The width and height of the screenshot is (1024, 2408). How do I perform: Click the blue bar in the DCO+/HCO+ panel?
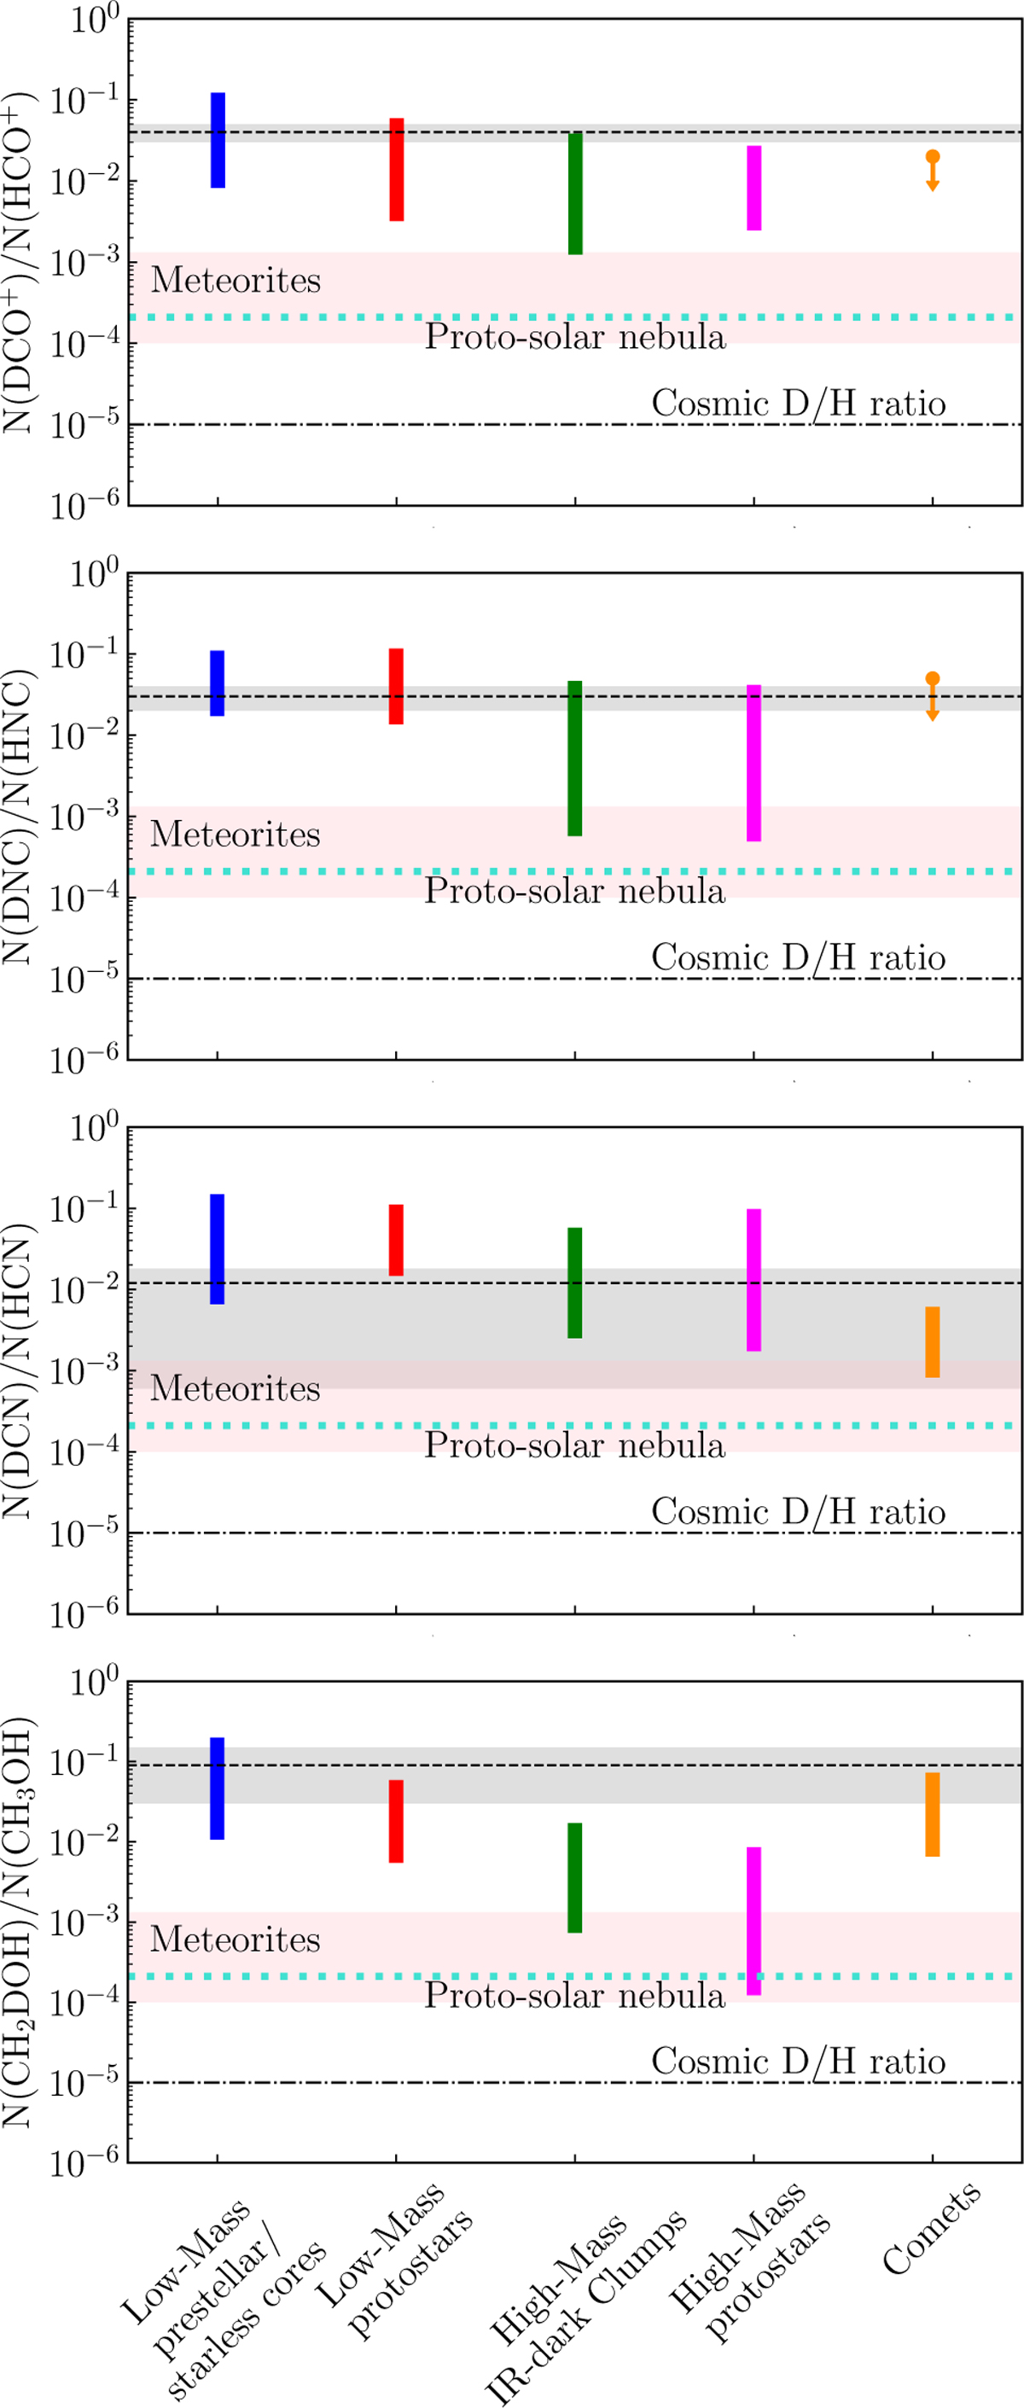[217, 140]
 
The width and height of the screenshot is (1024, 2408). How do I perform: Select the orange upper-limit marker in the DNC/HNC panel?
[933, 695]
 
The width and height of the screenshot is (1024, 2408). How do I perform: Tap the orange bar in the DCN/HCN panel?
[933, 1341]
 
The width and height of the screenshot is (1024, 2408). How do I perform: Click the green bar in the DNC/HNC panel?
[575, 758]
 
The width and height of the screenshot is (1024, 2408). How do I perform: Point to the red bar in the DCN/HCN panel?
[397, 1240]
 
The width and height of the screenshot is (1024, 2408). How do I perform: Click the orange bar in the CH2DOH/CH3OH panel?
[933, 1813]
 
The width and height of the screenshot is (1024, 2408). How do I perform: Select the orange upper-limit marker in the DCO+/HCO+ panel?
[933, 170]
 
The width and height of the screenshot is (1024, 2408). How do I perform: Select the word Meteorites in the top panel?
[236, 280]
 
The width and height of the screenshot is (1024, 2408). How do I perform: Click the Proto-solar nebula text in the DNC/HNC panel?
[574, 890]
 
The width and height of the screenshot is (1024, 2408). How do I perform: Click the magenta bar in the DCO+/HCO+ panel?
[753, 188]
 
